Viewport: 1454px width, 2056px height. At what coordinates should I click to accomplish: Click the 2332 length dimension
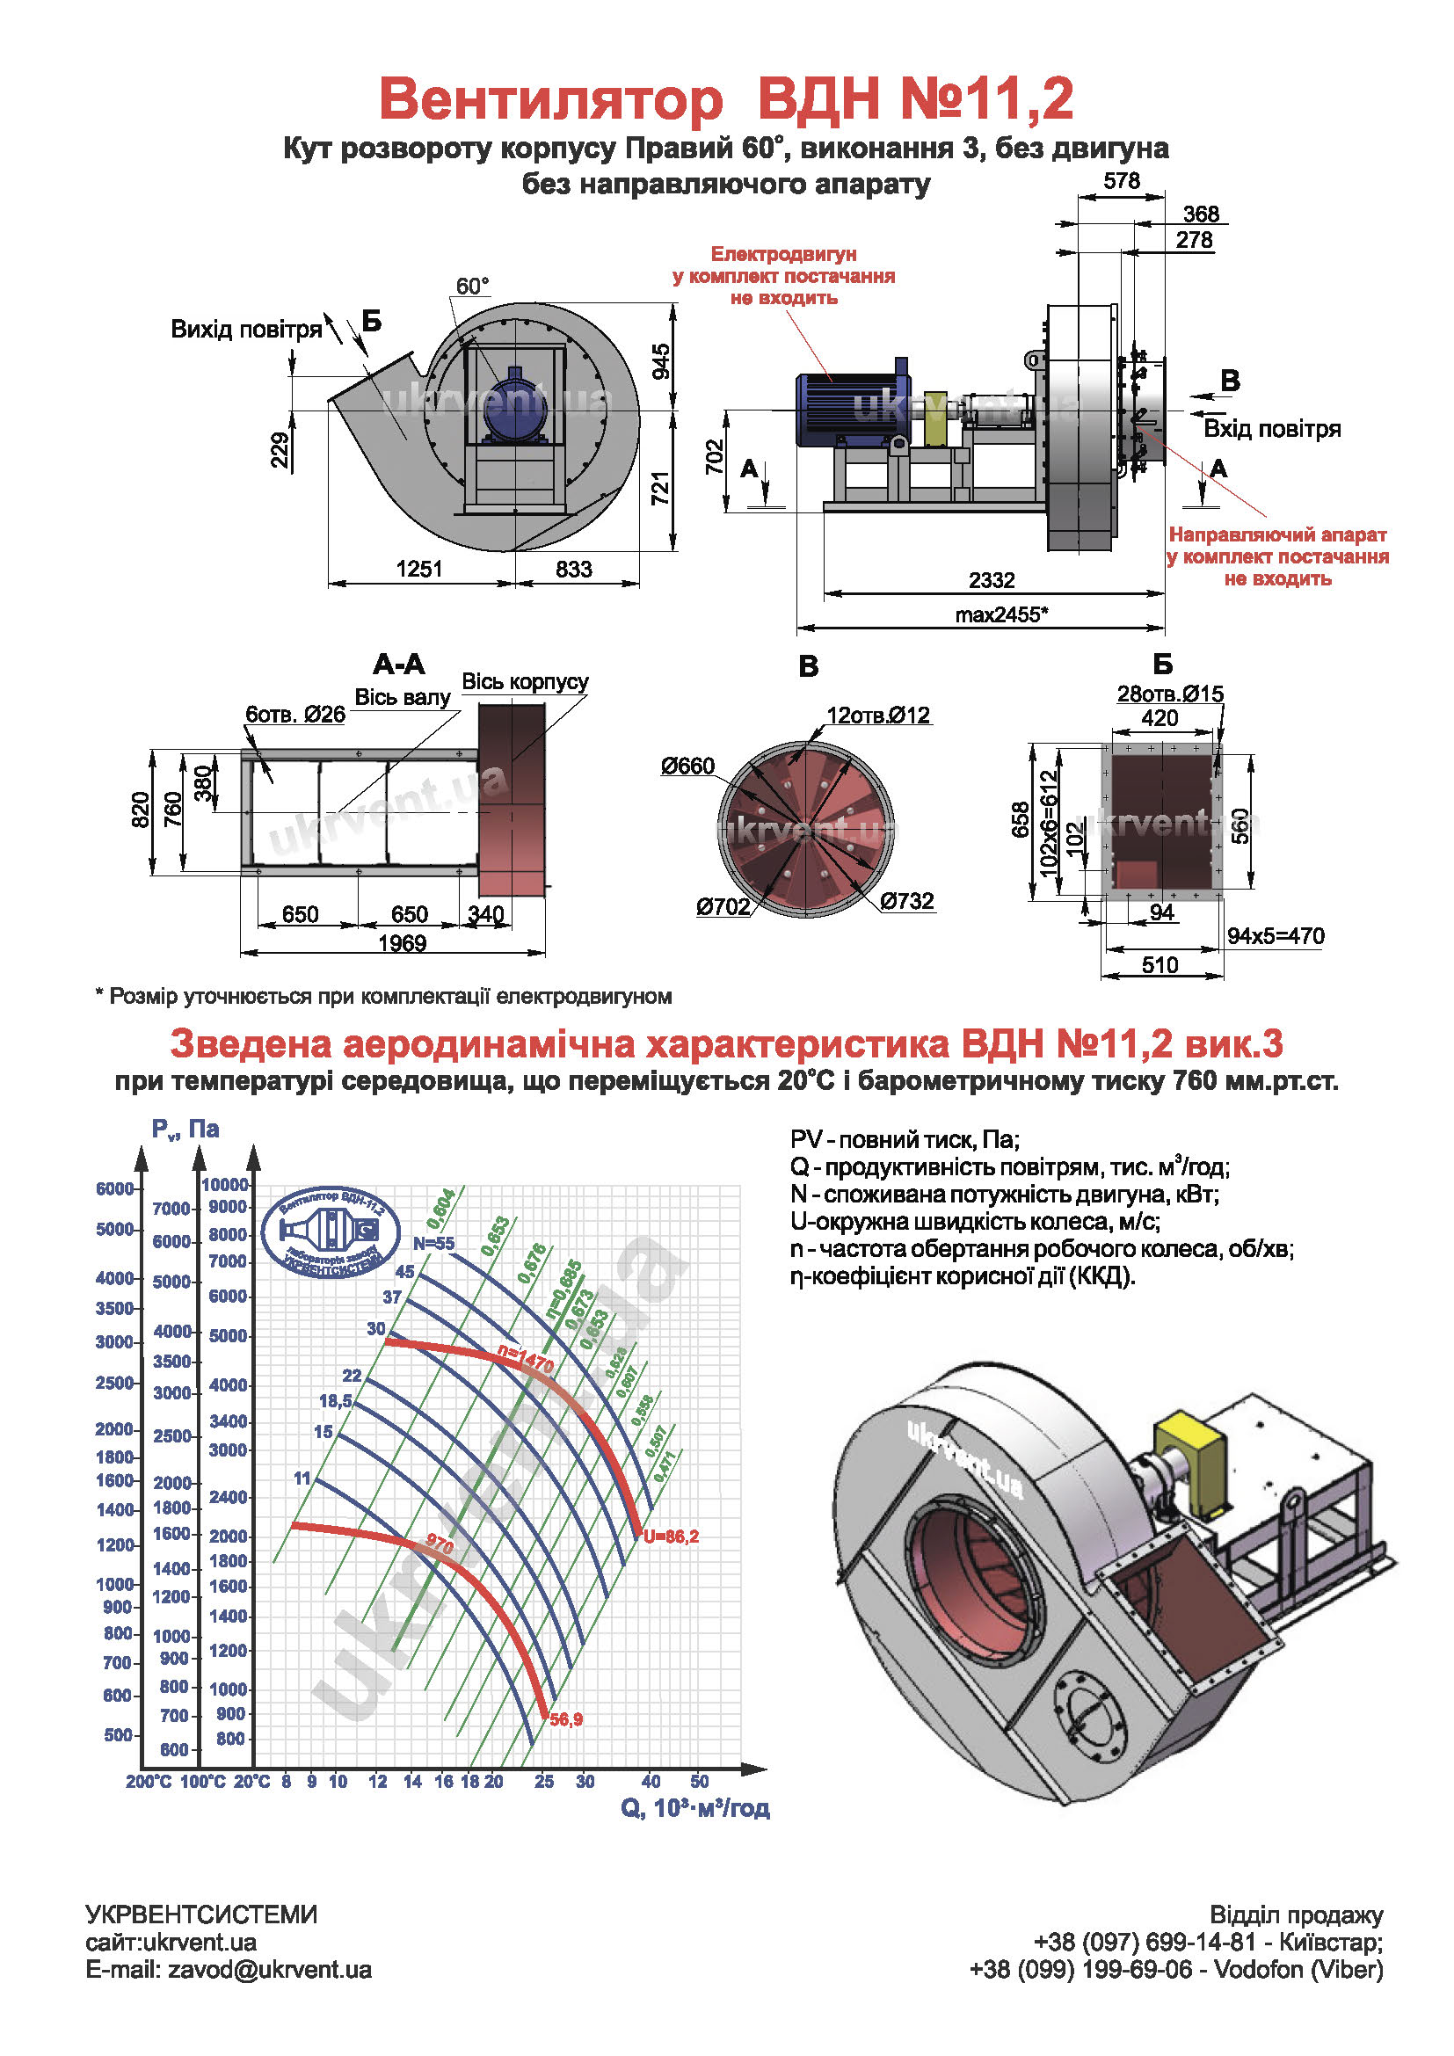(x=991, y=580)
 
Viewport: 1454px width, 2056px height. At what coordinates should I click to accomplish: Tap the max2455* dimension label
(x=1001, y=614)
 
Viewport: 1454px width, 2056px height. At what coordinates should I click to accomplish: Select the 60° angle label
(x=472, y=287)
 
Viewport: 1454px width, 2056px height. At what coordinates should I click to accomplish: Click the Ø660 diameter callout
(x=687, y=766)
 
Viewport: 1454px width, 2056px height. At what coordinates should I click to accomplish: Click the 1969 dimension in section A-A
(x=402, y=943)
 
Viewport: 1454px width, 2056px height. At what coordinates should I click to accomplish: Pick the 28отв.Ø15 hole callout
(x=1169, y=694)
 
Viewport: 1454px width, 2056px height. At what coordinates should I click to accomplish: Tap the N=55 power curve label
(x=433, y=1243)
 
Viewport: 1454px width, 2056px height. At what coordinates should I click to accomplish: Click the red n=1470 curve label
(x=527, y=1359)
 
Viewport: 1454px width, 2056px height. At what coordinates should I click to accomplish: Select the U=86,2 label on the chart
(x=671, y=1537)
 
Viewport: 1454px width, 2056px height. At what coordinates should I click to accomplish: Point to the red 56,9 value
(x=566, y=1719)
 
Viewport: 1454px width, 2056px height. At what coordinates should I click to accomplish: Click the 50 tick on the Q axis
(x=699, y=1782)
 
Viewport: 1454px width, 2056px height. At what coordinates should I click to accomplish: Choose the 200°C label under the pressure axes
(x=149, y=1782)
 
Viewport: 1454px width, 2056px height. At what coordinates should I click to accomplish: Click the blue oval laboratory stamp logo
(x=332, y=1233)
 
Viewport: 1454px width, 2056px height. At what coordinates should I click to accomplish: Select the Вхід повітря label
(x=1271, y=429)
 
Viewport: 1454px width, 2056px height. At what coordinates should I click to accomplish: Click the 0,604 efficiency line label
(x=442, y=1209)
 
